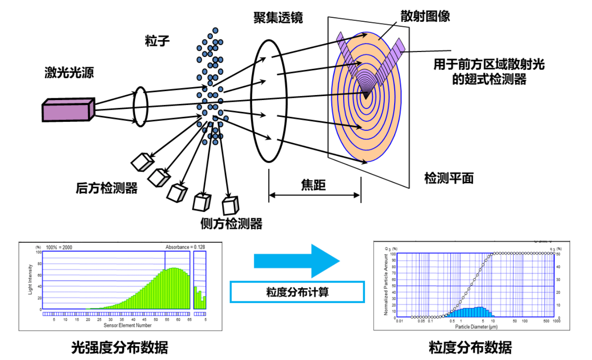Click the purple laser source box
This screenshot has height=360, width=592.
68,110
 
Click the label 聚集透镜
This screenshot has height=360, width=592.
278,17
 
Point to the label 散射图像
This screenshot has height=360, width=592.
425,16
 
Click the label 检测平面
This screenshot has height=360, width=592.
449,178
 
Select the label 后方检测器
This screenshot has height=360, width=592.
107,188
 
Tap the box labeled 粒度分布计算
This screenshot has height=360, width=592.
297,292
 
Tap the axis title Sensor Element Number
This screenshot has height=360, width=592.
128,325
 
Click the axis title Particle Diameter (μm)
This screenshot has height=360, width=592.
476,327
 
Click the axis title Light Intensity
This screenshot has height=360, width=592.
30,280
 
